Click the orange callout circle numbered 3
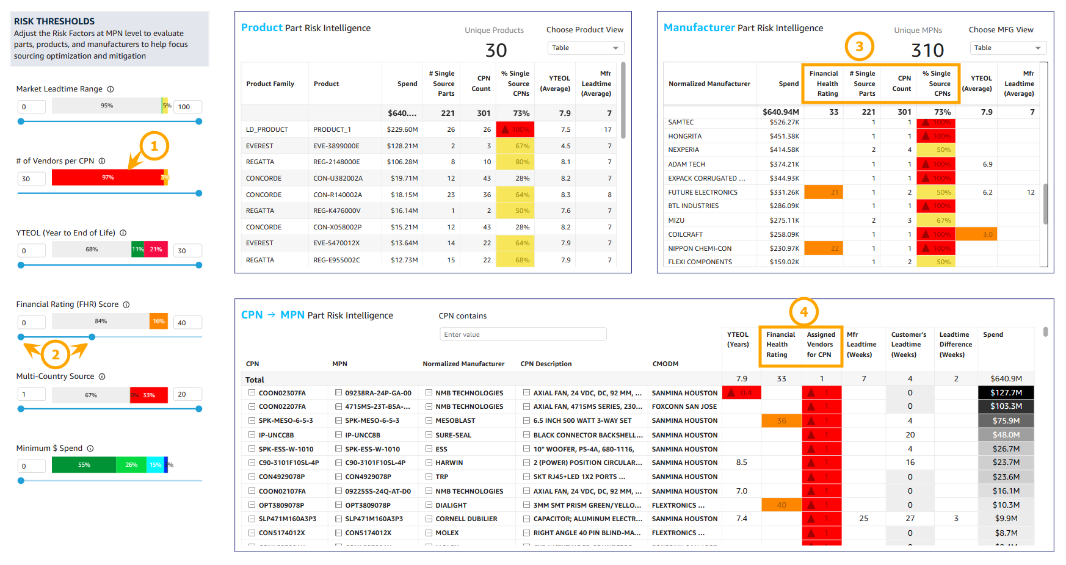coord(859,46)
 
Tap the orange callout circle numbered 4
coord(803,312)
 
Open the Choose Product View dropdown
coord(585,48)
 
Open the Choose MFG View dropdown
coord(1007,48)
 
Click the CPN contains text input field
coord(523,334)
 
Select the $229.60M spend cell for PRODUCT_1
coord(402,129)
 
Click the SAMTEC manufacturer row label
coord(681,123)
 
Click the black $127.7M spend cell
coord(1006,392)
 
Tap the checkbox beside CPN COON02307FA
coord(252,393)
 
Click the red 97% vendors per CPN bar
coord(107,178)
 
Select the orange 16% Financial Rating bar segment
coord(159,322)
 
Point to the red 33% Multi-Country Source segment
coord(148,395)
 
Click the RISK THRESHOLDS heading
coord(54,21)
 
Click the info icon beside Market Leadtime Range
coord(111,89)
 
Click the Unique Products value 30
coord(496,51)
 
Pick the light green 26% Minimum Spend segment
coord(131,465)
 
